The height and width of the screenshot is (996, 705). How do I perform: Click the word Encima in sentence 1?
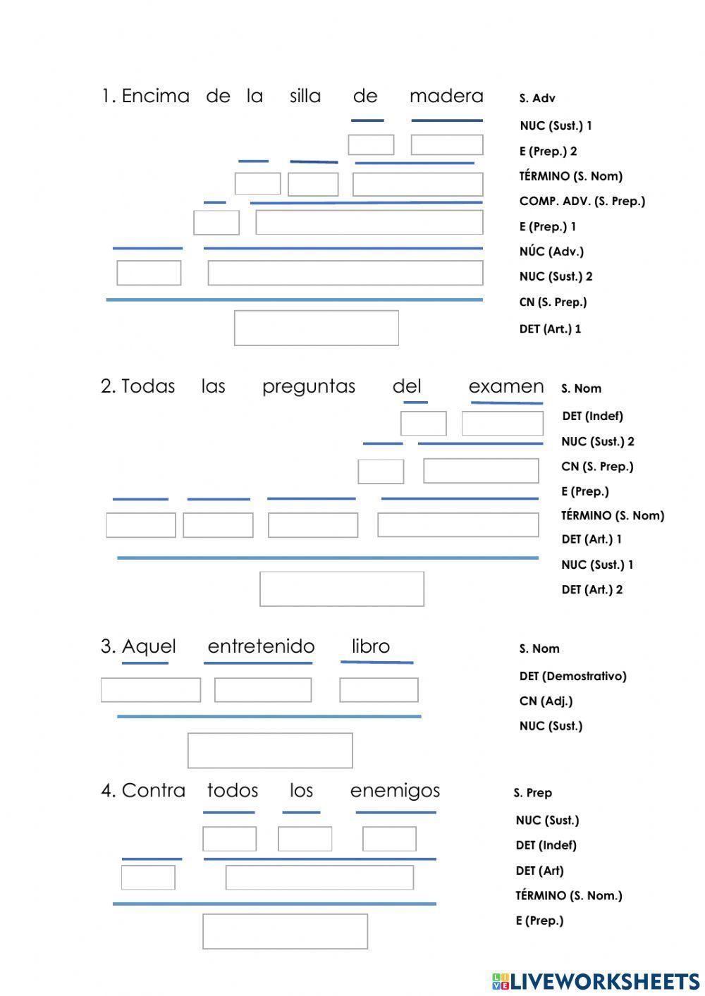click(x=156, y=96)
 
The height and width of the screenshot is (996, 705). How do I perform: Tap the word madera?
click(x=446, y=96)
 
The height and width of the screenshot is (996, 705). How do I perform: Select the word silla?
click(x=305, y=96)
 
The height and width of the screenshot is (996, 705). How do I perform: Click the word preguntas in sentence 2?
click(x=309, y=387)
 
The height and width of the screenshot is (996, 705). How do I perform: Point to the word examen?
click(x=506, y=386)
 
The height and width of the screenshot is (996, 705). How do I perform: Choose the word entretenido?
click(x=261, y=646)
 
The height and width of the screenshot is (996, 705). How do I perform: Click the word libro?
click(x=371, y=646)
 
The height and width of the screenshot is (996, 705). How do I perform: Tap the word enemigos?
click(x=395, y=791)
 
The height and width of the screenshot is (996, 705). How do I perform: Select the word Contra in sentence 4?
click(x=154, y=791)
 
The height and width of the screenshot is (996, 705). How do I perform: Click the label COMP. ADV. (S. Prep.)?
click(x=582, y=202)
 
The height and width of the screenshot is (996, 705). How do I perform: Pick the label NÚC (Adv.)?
click(x=551, y=251)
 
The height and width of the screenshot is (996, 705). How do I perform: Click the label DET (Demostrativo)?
click(x=572, y=676)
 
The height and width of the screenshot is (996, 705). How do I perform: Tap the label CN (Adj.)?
click(x=546, y=701)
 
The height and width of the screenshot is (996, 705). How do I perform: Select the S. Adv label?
click(x=537, y=98)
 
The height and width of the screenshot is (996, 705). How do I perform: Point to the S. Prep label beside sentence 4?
click(x=532, y=793)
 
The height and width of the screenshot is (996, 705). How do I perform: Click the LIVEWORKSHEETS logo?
click(x=596, y=981)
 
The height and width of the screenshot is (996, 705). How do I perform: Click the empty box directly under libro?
click(x=379, y=690)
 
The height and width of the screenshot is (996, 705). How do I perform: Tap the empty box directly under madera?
click(x=447, y=145)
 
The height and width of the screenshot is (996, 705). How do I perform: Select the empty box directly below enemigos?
click(x=389, y=839)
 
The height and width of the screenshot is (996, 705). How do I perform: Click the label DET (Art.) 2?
click(x=591, y=589)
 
